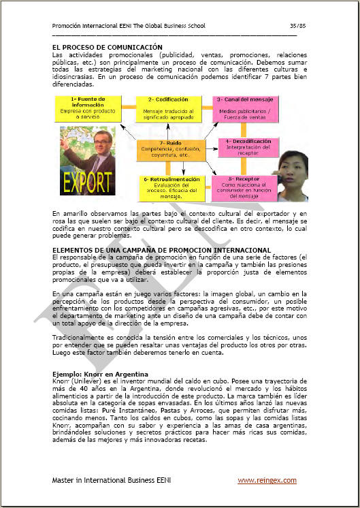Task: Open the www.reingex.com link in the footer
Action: coord(267,481)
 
